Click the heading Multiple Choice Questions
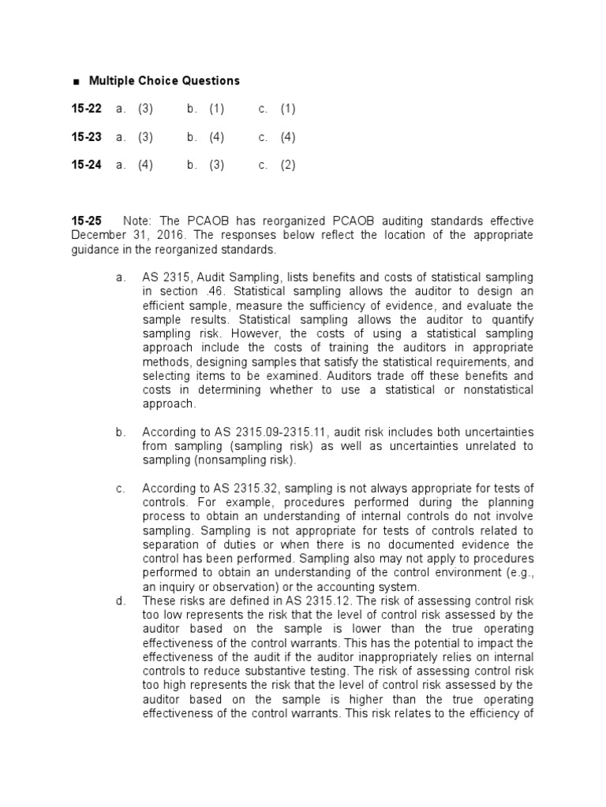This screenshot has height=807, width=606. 164,80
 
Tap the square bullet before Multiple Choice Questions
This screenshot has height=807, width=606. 76,81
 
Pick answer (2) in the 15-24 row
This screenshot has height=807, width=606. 287,165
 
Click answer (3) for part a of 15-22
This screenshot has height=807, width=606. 145,109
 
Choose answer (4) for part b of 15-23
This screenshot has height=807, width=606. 217,137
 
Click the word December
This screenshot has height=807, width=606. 99,236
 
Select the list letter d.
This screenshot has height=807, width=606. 120,601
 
